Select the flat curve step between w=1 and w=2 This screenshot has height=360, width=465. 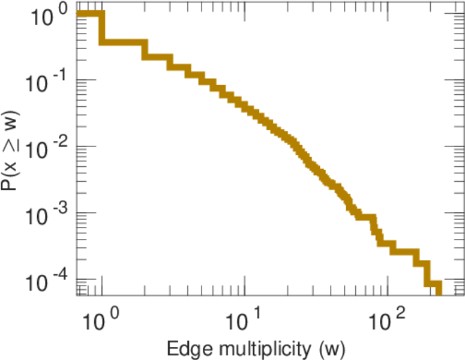(x=123, y=43)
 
